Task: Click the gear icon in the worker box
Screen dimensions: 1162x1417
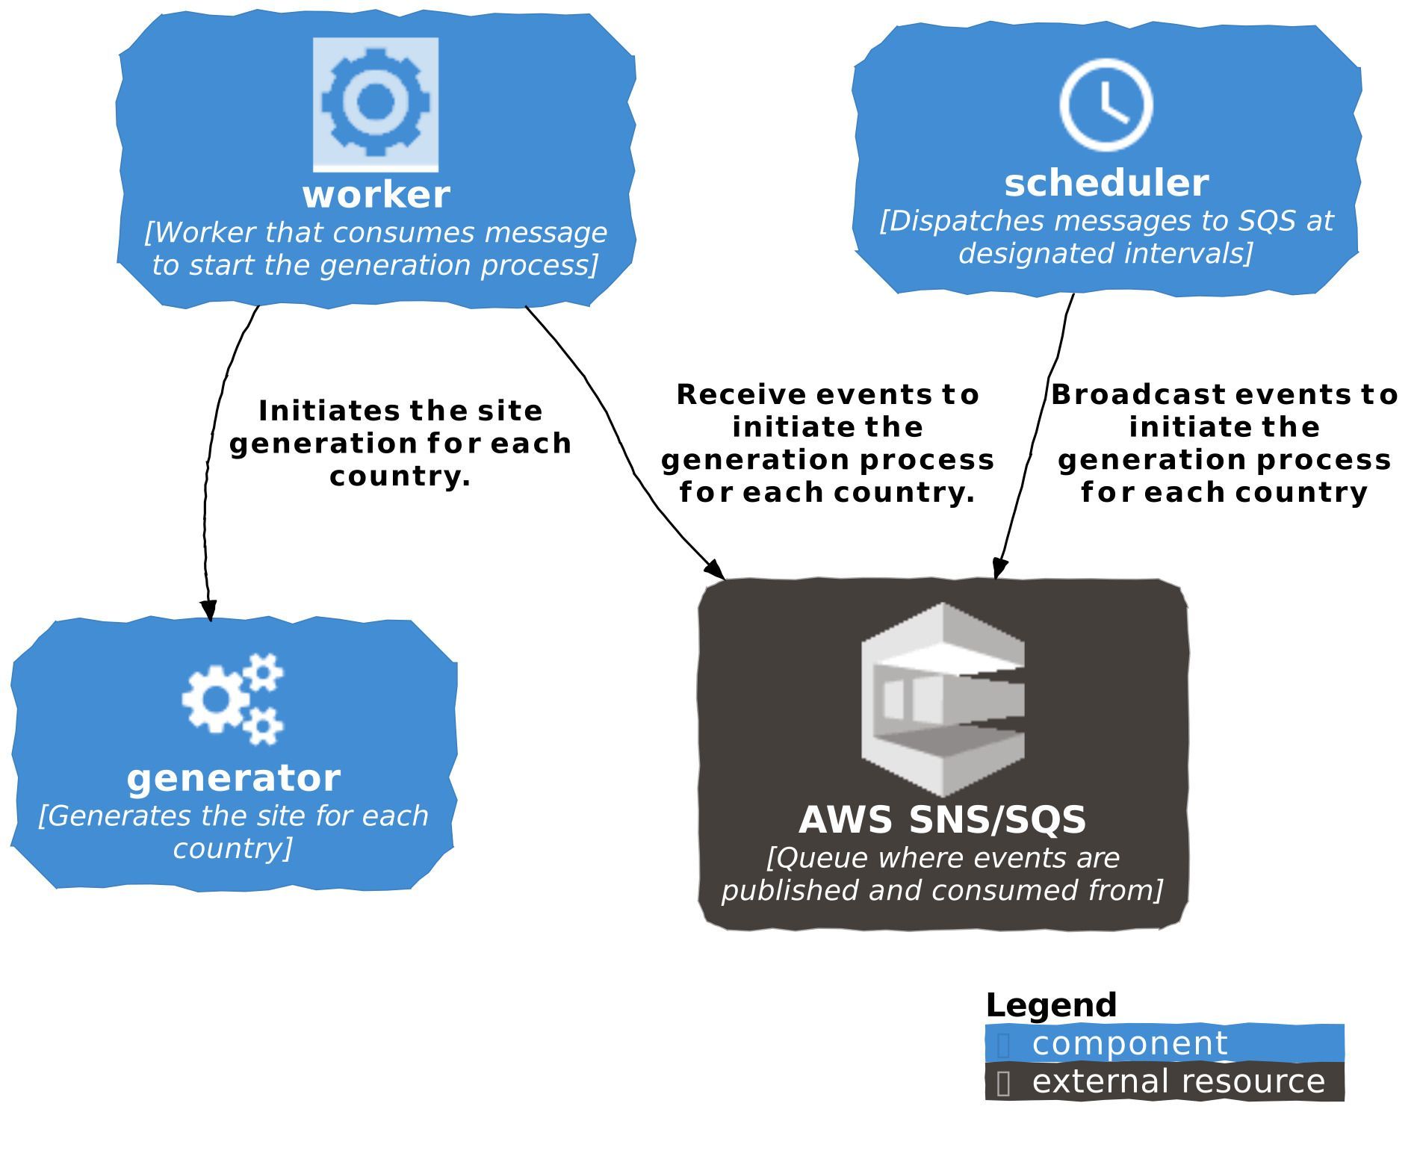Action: pos(375,103)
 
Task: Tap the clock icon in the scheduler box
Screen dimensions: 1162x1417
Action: pos(1106,105)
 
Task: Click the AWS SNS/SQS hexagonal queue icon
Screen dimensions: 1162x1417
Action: pos(943,699)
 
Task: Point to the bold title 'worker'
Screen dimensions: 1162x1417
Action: pos(376,195)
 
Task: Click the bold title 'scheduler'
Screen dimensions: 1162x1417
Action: pos(1106,184)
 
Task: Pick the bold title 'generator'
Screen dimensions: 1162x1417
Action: pos(234,778)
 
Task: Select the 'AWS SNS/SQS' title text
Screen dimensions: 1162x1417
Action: pos(943,820)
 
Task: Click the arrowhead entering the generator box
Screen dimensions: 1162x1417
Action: pos(210,609)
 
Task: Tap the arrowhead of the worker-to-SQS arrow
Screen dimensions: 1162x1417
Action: pos(716,570)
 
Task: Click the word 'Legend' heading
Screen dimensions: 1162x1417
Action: pos(1051,1005)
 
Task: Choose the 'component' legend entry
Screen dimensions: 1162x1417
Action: pos(1129,1043)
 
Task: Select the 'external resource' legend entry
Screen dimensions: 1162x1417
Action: pos(1178,1081)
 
